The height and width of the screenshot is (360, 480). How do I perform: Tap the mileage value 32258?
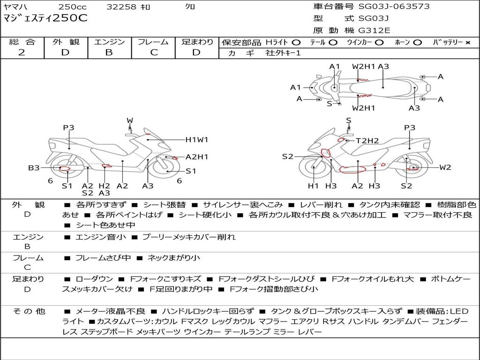coord(121,7)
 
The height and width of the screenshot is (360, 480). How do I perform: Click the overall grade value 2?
coord(22,52)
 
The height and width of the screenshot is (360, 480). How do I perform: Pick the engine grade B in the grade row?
coord(109,52)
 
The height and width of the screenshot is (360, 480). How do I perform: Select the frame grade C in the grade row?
coord(154,52)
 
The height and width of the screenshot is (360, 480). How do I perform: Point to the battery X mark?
coord(467,43)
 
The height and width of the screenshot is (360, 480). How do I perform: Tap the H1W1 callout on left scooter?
coord(196,139)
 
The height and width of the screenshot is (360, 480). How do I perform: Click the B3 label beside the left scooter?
coord(34,167)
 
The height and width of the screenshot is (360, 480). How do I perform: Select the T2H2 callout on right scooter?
coord(367,140)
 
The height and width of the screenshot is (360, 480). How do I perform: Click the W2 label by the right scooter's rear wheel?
coord(445,167)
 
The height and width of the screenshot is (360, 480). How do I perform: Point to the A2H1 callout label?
coord(197,157)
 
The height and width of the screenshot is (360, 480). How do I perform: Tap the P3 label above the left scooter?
coord(68,127)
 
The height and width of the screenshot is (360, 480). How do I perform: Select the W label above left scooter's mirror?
coord(130,120)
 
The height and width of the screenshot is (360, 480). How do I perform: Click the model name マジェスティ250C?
coord(45,19)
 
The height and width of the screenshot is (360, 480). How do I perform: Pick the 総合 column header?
coord(22,42)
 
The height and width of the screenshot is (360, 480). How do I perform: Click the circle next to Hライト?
coord(296,43)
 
